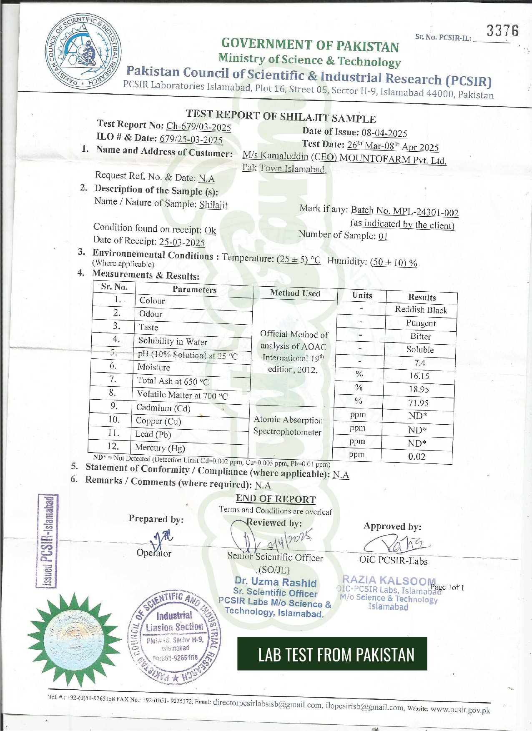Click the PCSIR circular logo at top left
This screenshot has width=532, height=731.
click(x=83, y=50)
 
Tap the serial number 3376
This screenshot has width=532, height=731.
click(x=502, y=31)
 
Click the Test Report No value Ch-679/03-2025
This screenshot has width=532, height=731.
click(x=198, y=126)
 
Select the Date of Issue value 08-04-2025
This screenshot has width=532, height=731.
click(x=384, y=133)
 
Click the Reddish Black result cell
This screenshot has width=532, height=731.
click(x=421, y=310)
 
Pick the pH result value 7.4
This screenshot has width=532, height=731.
click(x=419, y=363)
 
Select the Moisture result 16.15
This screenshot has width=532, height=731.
click(x=419, y=376)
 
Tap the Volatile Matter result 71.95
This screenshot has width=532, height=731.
click(x=418, y=403)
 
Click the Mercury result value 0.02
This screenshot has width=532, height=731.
click(x=417, y=456)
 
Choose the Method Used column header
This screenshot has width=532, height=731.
click(x=295, y=293)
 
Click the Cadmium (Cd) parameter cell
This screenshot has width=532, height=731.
click(x=163, y=408)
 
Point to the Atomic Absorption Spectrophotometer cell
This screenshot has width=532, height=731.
click(x=288, y=426)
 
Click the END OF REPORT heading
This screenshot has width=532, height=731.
click(x=276, y=499)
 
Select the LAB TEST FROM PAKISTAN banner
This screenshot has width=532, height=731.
click(x=332, y=654)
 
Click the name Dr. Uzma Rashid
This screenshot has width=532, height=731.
click(x=276, y=582)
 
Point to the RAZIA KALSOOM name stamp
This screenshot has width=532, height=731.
click(x=389, y=580)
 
